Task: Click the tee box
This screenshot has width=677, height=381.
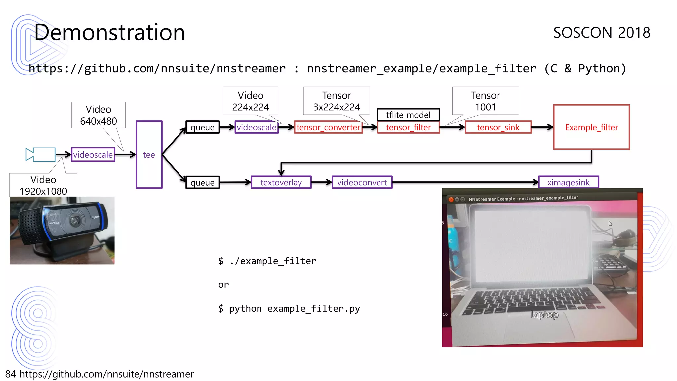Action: pos(149,154)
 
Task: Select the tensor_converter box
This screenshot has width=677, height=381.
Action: pos(328,127)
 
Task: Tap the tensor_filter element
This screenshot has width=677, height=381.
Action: pos(408,127)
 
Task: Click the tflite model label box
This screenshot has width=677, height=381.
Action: pos(408,115)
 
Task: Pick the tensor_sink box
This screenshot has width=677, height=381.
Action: pos(498,127)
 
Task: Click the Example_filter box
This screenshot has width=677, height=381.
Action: pos(591,127)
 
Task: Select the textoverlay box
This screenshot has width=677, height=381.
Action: pos(281,182)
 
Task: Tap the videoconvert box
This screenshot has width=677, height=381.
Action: pos(362,182)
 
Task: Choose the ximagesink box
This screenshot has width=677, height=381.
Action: pos(568,182)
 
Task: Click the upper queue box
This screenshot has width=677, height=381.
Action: pos(202,127)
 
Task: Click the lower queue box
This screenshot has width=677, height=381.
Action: pos(202,183)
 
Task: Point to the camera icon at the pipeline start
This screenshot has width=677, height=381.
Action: pos(40,154)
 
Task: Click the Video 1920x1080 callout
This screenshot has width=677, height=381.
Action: pos(43,185)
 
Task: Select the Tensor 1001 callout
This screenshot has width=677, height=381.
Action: pos(485,101)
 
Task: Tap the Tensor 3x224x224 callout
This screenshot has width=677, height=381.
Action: pos(337,101)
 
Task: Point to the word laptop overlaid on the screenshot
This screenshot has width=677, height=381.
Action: pos(544,314)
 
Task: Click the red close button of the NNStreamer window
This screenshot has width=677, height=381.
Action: pos(451,199)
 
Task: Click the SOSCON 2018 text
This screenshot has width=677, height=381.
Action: pos(602,33)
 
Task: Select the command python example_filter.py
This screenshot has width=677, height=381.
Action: pos(289,309)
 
